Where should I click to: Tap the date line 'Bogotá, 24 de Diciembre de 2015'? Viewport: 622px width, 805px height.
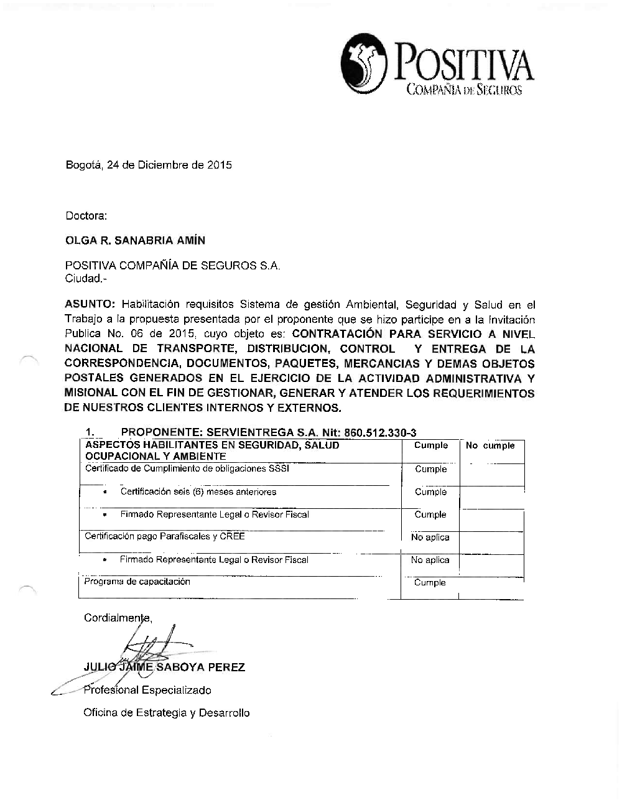[149, 165]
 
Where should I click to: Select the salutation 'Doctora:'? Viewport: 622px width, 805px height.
[86, 216]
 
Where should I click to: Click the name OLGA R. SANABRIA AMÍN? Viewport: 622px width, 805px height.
[135, 240]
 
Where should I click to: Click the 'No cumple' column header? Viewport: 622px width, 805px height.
[490, 445]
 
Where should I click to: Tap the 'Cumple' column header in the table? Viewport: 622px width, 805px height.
[430, 445]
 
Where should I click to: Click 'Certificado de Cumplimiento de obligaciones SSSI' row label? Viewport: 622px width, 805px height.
[187, 468]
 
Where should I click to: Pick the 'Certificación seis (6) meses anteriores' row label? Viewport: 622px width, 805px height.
[198, 491]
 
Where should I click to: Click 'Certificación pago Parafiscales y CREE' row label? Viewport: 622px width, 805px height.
[165, 536]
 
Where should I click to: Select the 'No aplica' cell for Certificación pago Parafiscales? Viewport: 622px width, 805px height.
[430, 537]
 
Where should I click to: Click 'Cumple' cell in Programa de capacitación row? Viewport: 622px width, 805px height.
[430, 582]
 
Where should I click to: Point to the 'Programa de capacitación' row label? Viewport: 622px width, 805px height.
[137, 582]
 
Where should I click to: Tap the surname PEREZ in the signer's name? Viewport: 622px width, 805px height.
[226, 668]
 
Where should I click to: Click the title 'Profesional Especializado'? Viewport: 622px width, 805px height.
[147, 690]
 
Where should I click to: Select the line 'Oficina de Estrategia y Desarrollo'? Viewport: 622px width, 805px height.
[167, 713]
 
